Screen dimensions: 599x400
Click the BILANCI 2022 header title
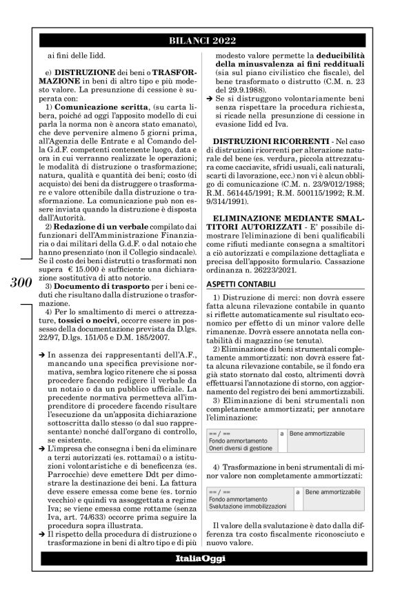coord(200,40)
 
